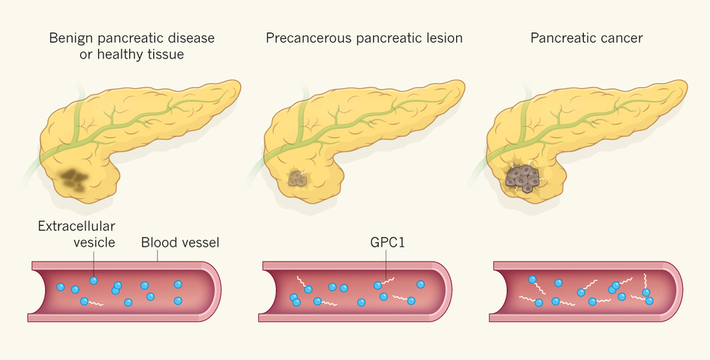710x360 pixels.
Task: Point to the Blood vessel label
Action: coord(180,243)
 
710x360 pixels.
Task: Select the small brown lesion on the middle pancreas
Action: coord(299,179)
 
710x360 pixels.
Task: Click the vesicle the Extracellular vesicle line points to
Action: coord(93,280)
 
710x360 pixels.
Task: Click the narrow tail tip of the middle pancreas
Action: coord(460,89)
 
